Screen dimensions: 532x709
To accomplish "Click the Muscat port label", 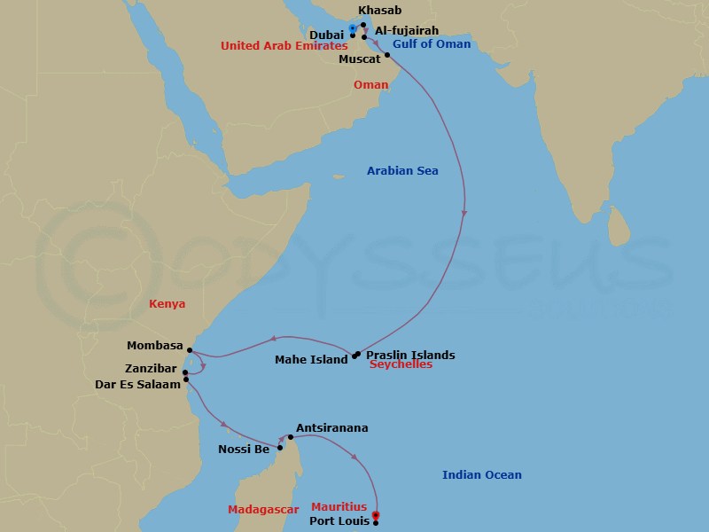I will coord(360,59).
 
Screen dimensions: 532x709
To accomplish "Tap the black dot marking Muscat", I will coord(387,55).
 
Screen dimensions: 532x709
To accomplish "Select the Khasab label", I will coord(379,12).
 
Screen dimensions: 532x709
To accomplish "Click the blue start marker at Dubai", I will coord(353,29).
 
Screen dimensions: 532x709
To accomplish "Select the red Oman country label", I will coord(370,85).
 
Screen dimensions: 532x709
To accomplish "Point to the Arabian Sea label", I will coord(402,170).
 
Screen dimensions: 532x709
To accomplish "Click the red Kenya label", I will coord(168,304).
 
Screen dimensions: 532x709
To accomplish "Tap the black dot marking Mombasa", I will coord(190,350).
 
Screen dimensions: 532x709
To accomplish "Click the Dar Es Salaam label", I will coord(136,384).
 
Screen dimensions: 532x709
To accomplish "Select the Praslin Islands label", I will coord(410,356).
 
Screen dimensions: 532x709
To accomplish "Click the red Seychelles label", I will coord(401,364).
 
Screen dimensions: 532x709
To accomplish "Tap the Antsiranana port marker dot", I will coord(290,437).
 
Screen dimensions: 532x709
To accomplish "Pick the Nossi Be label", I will coord(244,450).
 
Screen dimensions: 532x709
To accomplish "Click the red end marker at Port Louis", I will coord(376,514).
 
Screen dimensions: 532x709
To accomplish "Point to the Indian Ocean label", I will coord(481,475).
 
